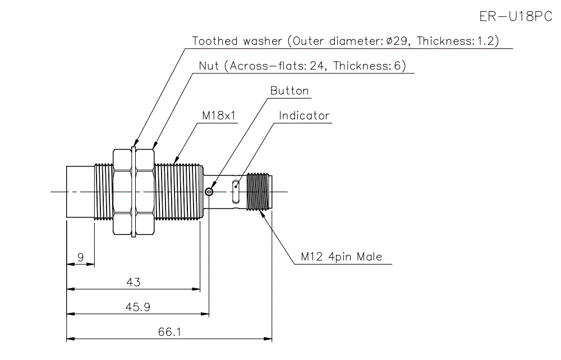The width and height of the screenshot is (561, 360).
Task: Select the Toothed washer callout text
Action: pyautogui.click(x=345, y=41)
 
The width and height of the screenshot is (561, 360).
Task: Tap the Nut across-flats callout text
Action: pyautogui.click(x=302, y=66)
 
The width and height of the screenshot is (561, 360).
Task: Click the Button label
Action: pyautogui.click(x=289, y=91)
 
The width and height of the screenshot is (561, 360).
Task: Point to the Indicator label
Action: pyautogui.click(x=304, y=116)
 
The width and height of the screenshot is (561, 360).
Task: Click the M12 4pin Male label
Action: pyautogui.click(x=341, y=257)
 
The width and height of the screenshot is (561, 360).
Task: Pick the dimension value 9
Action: pyautogui.click(x=80, y=257)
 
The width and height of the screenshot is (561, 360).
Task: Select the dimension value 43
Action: pyautogui.click(x=133, y=282)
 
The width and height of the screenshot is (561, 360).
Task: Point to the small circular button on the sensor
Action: pyautogui.click(x=209, y=192)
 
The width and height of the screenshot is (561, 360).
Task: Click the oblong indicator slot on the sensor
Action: pyautogui.click(x=236, y=192)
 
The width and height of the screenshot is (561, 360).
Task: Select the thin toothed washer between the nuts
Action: pyautogui.click(x=134, y=192)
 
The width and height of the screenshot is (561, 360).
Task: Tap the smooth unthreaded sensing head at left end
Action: pyautogui.click(x=79, y=192)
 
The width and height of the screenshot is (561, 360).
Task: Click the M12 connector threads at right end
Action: pyautogui.click(x=259, y=192)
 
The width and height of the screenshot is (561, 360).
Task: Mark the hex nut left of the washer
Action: pyautogui.click(x=122, y=192)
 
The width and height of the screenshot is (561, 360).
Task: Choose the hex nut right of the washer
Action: pyautogui.click(x=145, y=192)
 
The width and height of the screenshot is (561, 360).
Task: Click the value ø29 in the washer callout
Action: pyautogui.click(x=399, y=41)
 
